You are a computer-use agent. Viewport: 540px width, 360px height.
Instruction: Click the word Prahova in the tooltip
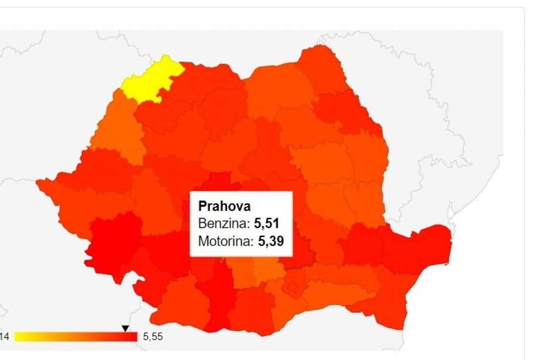224,206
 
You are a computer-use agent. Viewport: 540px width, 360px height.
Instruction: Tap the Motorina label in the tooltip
225,241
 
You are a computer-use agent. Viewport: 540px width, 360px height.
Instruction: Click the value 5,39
268,241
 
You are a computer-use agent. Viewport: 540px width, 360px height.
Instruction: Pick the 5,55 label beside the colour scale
153,337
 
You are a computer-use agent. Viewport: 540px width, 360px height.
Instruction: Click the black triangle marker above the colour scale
125,328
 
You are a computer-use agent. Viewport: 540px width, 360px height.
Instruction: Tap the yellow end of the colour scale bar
21,337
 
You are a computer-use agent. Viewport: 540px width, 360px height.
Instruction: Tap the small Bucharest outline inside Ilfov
294,287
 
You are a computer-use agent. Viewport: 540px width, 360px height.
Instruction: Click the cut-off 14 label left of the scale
5,337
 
